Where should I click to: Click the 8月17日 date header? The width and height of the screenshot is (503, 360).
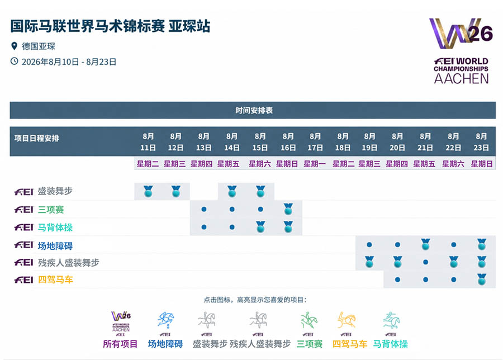(315, 142)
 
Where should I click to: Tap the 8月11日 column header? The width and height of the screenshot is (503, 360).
(148, 142)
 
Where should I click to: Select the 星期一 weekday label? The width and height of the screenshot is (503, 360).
(314, 164)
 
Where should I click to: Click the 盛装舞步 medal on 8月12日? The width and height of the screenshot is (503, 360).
(176, 191)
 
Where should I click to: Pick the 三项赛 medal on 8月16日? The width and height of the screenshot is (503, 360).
(288, 209)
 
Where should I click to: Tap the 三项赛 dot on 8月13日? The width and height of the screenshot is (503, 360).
(203, 209)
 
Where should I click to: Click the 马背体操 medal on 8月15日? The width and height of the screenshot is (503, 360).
(260, 227)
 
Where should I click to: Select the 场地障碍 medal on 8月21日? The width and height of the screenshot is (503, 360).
(425, 244)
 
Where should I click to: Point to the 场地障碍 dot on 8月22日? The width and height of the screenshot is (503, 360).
(453, 244)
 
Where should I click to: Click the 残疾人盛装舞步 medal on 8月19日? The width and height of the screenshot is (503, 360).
(369, 262)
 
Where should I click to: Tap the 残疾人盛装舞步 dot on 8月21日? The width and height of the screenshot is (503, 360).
(425, 262)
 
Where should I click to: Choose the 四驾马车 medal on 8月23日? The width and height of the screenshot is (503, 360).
(481, 280)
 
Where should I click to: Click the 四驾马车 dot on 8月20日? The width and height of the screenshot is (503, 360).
(397, 280)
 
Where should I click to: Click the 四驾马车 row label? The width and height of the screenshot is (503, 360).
(55, 280)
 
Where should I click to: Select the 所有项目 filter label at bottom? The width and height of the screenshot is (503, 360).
(120, 344)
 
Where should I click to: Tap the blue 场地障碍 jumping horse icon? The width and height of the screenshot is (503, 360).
(165, 320)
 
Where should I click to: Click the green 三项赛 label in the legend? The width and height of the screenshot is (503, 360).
(310, 344)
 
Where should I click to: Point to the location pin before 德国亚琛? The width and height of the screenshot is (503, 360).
(14, 46)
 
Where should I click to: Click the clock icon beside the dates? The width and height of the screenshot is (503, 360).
(14, 61)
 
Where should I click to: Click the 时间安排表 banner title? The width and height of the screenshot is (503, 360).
(254, 110)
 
